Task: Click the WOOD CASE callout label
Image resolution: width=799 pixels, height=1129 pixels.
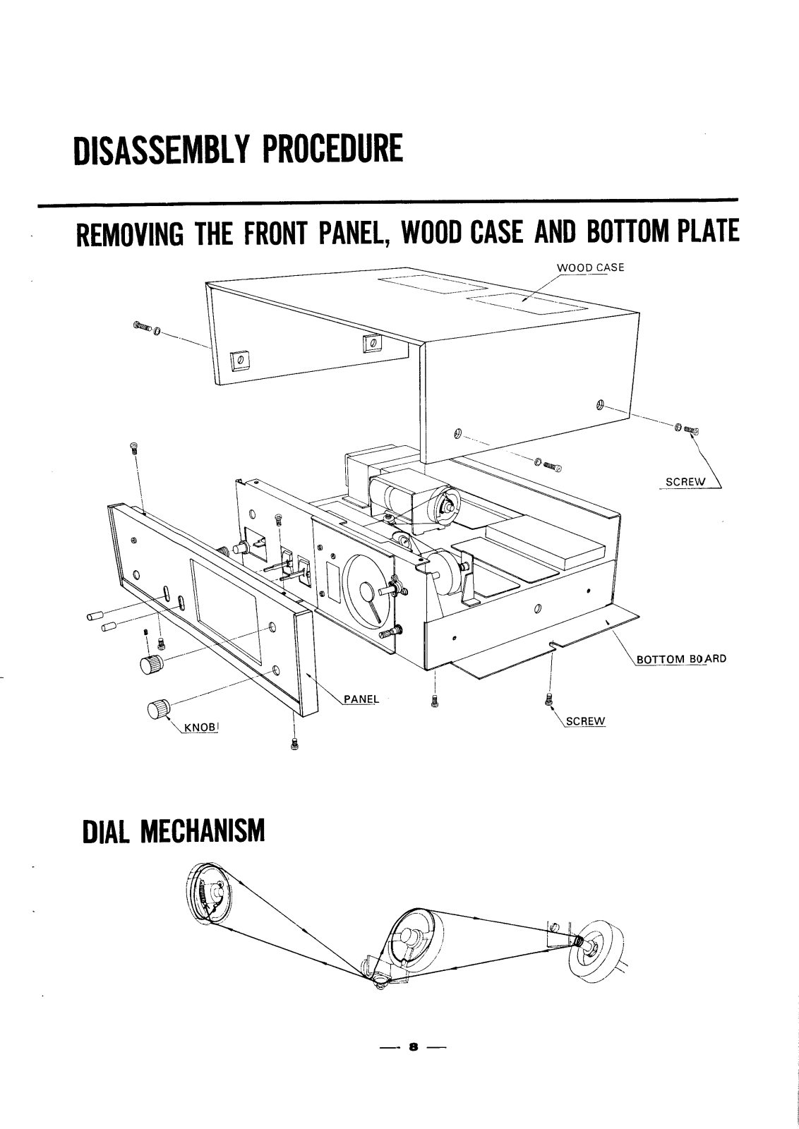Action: click(x=587, y=267)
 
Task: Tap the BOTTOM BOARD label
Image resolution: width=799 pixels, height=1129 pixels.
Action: click(x=680, y=660)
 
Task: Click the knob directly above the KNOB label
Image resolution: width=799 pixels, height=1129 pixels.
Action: click(x=157, y=708)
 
